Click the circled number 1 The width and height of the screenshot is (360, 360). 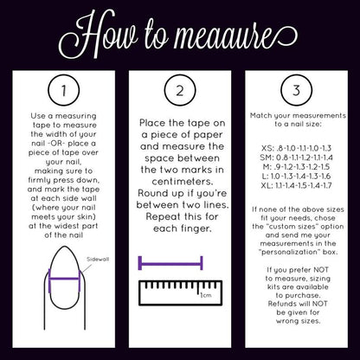63,90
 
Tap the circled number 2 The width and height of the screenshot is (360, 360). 180,90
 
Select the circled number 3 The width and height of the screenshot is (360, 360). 297,90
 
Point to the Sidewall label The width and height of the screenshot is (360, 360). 98,259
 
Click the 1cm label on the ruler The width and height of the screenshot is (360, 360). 206,295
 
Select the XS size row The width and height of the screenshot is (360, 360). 296,148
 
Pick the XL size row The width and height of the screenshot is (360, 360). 296,185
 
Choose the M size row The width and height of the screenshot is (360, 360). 296,167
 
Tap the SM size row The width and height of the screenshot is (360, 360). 296,157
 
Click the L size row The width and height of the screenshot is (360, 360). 296,176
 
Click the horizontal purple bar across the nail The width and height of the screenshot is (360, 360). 64,279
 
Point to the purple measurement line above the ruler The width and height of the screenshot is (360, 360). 170,263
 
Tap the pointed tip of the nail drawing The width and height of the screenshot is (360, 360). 65,247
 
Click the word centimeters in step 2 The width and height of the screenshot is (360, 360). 182,182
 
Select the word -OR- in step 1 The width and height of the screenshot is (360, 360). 54,144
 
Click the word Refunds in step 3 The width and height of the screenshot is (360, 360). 280,304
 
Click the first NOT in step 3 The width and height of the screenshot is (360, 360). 321,270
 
